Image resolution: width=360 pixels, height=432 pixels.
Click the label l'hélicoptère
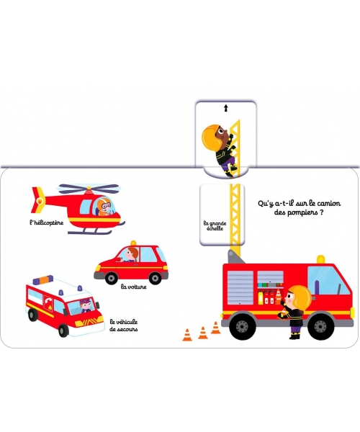(47, 222)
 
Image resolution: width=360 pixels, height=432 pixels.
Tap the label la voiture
(134, 287)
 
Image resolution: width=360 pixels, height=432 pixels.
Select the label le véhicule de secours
(124, 325)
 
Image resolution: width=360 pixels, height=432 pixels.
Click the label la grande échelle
(215, 225)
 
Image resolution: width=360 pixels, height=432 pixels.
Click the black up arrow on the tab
(226, 108)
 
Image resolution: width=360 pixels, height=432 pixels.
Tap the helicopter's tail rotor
(39, 199)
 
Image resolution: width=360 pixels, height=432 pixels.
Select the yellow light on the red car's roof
(134, 243)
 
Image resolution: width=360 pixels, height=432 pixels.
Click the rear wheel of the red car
(112, 278)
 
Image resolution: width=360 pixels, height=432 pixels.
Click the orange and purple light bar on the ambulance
(43, 279)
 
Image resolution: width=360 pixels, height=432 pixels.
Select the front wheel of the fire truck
(320, 326)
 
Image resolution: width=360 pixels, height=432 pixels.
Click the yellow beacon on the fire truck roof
(320, 259)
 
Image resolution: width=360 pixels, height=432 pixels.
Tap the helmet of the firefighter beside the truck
(301, 297)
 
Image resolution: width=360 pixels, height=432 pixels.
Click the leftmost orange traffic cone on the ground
(187, 335)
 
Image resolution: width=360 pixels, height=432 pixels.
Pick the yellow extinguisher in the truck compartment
(261, 298)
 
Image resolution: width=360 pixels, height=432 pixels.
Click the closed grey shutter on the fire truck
(240, 287)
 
